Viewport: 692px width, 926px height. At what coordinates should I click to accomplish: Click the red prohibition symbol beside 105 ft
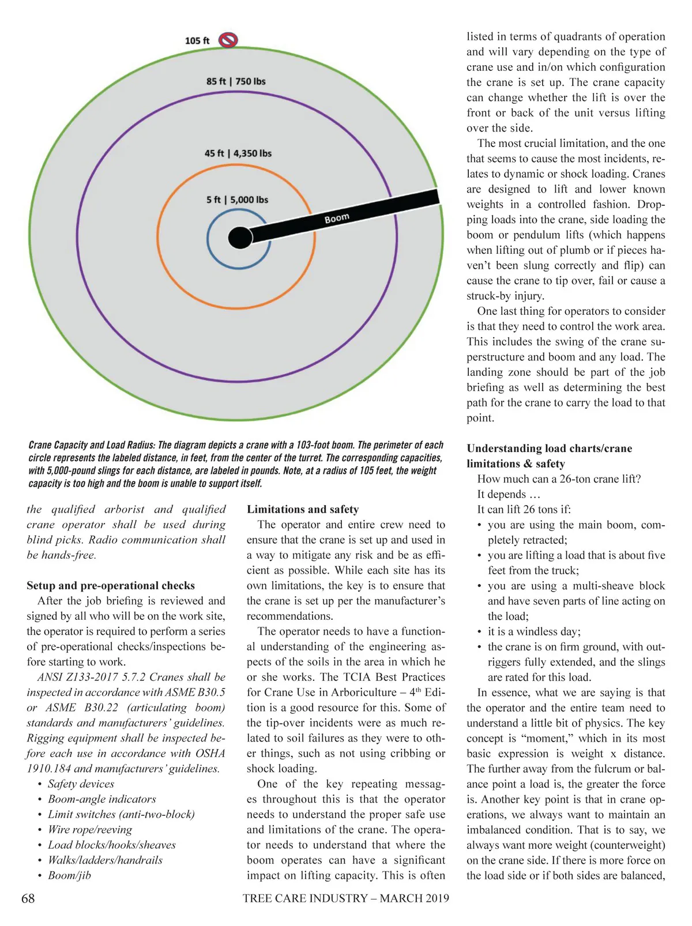[228, 40]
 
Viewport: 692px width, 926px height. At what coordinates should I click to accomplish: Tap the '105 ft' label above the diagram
[197, 41]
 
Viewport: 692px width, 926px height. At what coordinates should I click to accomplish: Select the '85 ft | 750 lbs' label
[236, 81]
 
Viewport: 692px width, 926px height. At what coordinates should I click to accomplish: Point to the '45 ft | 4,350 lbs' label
[238, 153]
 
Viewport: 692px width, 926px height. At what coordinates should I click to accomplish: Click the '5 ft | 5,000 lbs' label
[237, 200]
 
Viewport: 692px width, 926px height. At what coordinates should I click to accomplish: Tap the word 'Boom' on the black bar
[337, 218]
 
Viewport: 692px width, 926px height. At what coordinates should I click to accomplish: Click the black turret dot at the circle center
[240, 238]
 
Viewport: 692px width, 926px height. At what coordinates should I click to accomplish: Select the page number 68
[28, 898]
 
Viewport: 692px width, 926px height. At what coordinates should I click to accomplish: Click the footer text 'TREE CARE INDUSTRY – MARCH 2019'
[345, 898]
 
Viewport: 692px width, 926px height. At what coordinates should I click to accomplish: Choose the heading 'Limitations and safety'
[303, 509]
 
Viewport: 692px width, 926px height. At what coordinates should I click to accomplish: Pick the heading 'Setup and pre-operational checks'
[111, 586]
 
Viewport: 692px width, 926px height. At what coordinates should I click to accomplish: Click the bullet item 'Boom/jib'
[69, 875]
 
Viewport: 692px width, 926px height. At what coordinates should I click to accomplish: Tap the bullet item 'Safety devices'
[81, 784]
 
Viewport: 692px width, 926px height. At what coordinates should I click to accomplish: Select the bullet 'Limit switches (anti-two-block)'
[121, 814]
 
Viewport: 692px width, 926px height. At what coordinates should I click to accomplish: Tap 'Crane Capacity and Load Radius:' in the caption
[92, 445]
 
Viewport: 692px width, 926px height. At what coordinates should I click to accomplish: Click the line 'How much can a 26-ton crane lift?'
[559, 479]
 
